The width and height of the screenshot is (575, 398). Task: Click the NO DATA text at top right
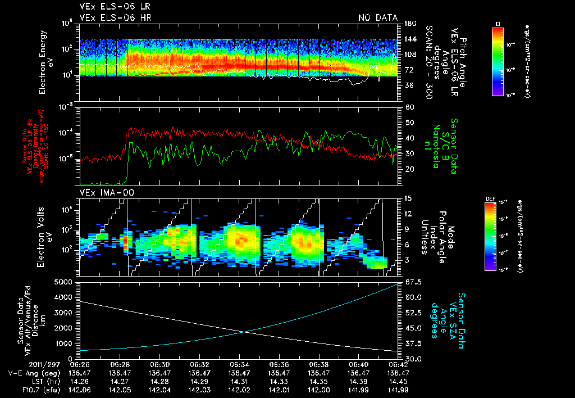pyautogui.click(x=378, y=18)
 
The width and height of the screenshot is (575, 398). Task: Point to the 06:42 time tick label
pyautogui.click(x=398, y=364)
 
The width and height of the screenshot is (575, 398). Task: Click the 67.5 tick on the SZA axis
pyautogui.click(x=412, y=282)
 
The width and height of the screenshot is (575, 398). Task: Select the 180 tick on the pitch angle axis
pyautogui.click(x=409, y=23)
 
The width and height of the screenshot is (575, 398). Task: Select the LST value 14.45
pyautogui.click(x=398, y=381)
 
